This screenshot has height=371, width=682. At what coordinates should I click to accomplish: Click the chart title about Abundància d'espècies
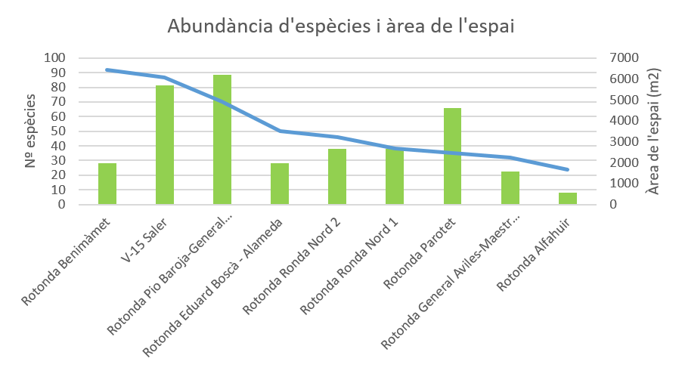[x=341, y=26]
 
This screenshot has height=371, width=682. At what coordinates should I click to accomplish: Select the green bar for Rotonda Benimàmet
[x=107, y=184]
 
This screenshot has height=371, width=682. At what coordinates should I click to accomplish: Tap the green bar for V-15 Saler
[x=165, y=144]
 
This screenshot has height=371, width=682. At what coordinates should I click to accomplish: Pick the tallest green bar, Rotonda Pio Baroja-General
[x=222, y=140]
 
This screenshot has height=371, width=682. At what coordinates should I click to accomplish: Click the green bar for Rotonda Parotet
[x=452, y=156]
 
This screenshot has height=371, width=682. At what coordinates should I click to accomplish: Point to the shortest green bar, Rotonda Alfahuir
[x=568, y=199]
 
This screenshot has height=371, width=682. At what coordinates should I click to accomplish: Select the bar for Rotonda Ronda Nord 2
[x=337, y=176]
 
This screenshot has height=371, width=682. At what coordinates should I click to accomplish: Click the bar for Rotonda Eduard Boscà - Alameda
[x=280, y=184]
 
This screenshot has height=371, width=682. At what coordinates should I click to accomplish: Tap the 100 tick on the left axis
[x=54, y=57]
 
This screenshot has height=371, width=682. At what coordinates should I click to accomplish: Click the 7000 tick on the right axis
[x=624, y=57]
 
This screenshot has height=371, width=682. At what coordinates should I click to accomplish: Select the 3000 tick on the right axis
[x=624, y=141]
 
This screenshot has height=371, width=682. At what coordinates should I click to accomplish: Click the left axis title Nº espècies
[x=29, y=131]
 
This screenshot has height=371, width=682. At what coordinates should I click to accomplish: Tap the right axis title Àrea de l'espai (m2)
[x=653, y=131]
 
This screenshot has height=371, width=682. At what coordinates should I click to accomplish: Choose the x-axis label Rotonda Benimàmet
[x=66, y=262]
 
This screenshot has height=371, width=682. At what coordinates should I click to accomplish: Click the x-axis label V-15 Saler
[x=144, y=240]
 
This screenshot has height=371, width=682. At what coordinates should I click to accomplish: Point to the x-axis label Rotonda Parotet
[x=419, y=253]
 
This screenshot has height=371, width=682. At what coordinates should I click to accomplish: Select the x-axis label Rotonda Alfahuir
[x=533, y=254]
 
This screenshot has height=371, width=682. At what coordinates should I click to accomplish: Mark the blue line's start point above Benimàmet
[x=107, y=70]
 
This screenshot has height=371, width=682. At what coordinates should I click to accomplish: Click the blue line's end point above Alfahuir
[x=568, y=169]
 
